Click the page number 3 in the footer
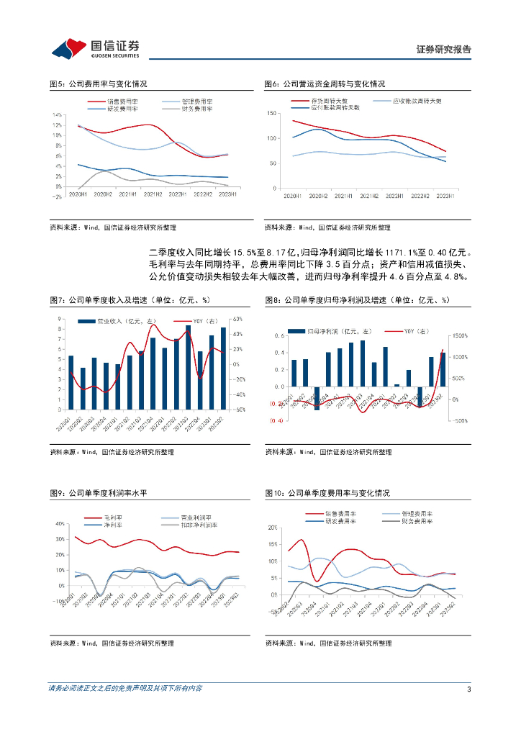(468, 689)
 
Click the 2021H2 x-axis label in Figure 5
(153, 194)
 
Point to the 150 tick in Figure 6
(272, 114)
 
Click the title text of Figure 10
(327, 493)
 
